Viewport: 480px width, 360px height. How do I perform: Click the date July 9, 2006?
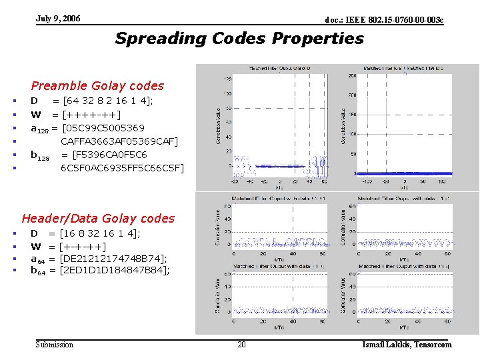(x=58, y=19)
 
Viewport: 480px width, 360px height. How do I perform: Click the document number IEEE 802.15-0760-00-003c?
(x=383, y=21)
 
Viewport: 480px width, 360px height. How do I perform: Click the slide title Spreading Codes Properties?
(x=239, y=38)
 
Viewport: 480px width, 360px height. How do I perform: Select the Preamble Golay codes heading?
(x=97, y=85)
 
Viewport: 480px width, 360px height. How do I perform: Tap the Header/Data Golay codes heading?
(x=98, y=218)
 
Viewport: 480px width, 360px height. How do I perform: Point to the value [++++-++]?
(x=91, y=114)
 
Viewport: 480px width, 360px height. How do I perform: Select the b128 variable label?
(x=40, y=155)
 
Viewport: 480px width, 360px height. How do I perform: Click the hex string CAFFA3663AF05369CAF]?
(x=119, y=141)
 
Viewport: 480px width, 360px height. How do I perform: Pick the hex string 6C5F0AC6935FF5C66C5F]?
(x=122, y=167)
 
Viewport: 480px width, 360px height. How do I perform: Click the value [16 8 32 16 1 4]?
(x=100, y=233)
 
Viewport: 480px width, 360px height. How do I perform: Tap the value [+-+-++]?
(x=82, y=246)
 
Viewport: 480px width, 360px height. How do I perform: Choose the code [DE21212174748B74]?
(x=113, y=258)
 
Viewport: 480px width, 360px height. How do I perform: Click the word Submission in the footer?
(x=55, y=345)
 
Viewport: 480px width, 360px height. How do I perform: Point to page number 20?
(x=241, y=345)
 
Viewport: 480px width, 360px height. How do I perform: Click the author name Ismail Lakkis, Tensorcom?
(x=407, y=345)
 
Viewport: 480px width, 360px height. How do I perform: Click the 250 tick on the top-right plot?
(x=352, y=75)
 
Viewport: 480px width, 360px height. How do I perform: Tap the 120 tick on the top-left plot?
(x=227, y=78)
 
